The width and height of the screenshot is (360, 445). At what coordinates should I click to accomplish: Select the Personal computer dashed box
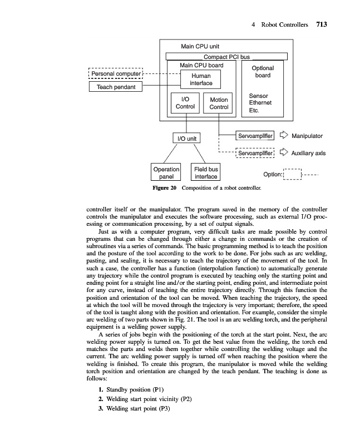(x=116, y=73)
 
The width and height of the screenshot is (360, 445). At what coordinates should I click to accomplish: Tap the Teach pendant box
(x=116, y=87)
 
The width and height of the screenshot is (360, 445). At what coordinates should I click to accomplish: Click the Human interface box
(x=201, y=80)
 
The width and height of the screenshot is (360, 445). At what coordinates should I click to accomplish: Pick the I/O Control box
(x=185, y=103)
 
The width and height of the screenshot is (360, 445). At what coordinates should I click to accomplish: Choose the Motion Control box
(x=219, y=103)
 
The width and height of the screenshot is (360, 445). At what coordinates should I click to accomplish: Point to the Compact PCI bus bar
(x=227, y=57)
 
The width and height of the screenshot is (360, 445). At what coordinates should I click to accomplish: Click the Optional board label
(x=263, y=72)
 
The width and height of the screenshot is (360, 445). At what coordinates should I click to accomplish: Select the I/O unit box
(x=186, y=137)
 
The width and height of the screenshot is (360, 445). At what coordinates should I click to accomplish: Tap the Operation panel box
(x=166, y=172)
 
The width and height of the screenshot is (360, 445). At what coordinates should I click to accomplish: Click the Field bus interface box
(x=205, y=172)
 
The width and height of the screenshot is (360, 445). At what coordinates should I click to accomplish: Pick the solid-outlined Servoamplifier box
(x=255, y=135)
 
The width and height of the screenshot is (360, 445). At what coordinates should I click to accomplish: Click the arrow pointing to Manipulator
(x=284, y=135)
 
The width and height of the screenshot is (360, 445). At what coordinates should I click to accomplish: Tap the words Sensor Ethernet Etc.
(x=259, y=103)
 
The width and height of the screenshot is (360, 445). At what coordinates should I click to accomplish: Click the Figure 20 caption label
(x=165, y=188)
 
